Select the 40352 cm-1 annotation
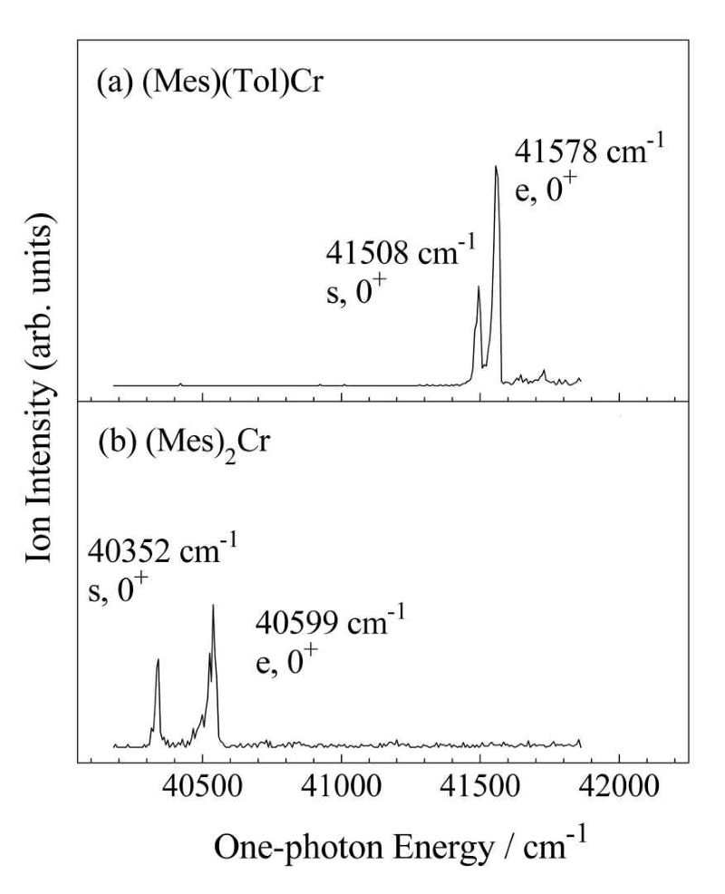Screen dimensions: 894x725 (x=163, y=550)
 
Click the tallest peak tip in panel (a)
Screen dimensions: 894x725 (x=496, y=166)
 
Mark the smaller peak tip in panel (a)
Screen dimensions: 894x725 (x=478, y=287)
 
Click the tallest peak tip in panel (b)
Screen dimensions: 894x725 (x=213, y=605)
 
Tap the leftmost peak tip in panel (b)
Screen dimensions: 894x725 (x=158, y=659)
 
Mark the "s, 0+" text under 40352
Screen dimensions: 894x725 (x=118, y=590)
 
